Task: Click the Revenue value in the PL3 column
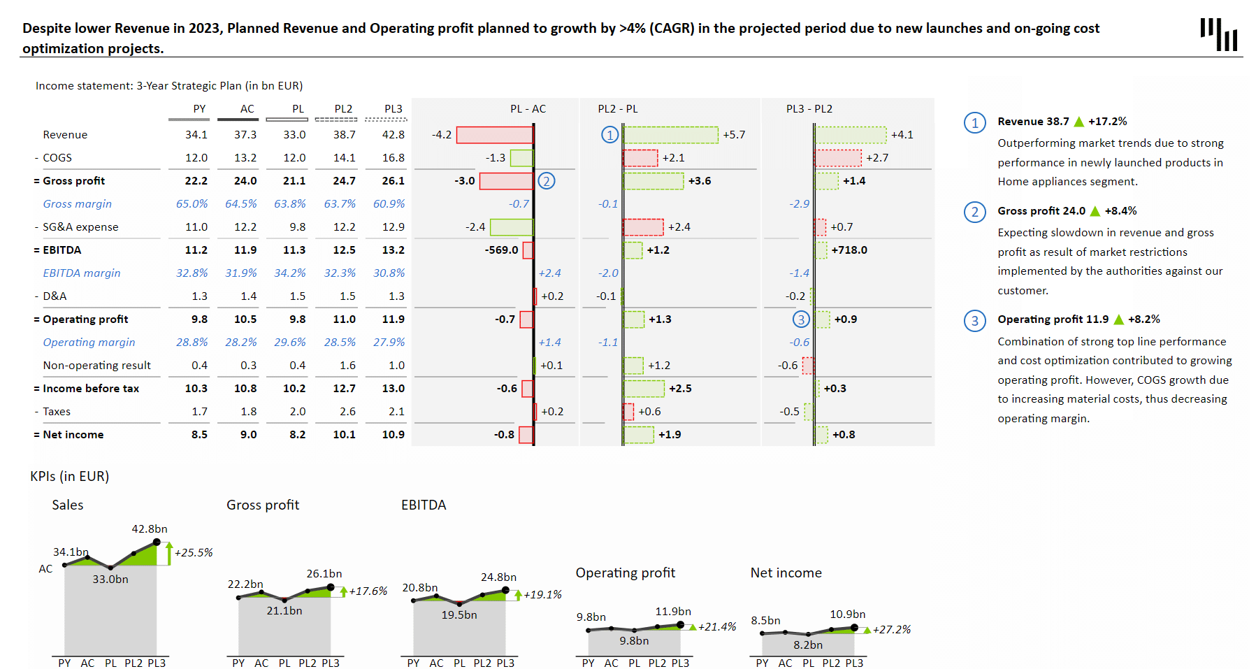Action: coord(394,135)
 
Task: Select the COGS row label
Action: coord(57,158)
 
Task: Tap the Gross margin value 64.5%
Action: coord(241,204)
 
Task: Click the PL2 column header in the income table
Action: coord(343,109)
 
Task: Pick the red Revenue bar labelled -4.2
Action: coord(495,135)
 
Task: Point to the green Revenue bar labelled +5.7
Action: coord(671,135)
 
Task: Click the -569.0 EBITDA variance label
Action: coord(502,250)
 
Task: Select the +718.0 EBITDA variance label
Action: coord(849,250)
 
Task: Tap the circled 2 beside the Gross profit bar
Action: coord(547,181)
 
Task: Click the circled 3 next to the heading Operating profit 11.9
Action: coord(975,321)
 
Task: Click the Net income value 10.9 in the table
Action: coord(394,435)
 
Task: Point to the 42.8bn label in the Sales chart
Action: coord(150,529)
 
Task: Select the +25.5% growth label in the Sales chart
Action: coord(194,553)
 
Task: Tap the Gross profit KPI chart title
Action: coord(263,505)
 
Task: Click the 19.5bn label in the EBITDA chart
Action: coord(459,615)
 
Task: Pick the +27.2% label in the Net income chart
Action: coord(892,630)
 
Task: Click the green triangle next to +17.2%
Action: coord(1078,122)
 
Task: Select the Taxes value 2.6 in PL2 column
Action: coord(347,412)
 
